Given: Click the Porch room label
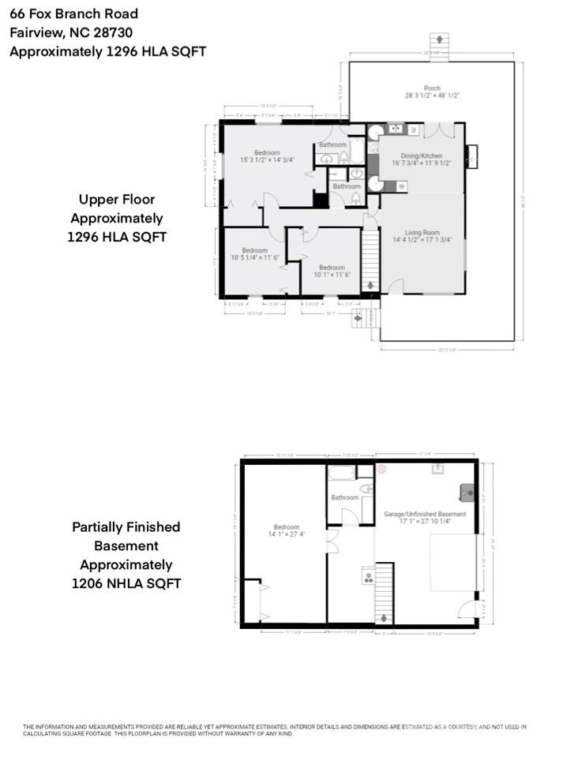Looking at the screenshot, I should point(431,88).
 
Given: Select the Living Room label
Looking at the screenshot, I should point(422,233).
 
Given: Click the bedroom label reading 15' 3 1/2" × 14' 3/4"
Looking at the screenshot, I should point(267,152).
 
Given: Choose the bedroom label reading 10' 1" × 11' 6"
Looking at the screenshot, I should point(332,268).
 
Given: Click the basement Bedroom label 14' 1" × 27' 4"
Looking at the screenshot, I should point(286,527).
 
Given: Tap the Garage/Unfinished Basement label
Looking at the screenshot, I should point(425,514).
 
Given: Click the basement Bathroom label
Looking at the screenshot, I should point(345,497).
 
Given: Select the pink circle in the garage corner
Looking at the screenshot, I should point(381,469).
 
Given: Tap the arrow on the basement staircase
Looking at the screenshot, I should point(385,617).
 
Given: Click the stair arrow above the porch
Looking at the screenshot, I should point(437,41).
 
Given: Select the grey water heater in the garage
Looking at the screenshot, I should point(467,493).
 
